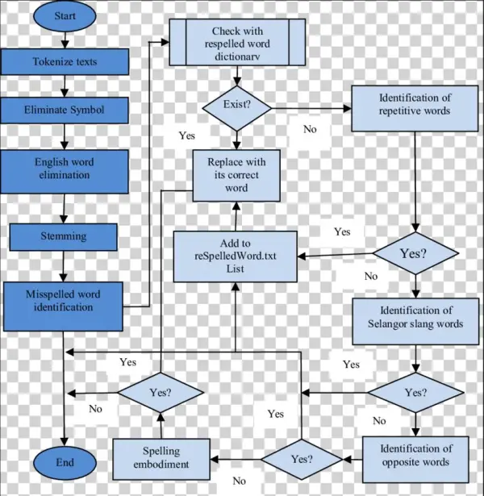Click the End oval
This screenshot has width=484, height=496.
point(65,463)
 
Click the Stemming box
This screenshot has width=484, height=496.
point(65,237)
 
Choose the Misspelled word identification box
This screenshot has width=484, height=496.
point(65,300)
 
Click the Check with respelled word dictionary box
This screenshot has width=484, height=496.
point(237,42)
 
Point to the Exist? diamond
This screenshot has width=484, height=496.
point(236,106)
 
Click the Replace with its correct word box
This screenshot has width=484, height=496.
point(236,174)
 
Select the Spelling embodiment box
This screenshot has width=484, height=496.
point(161,457)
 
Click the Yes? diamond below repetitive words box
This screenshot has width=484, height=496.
point(413,253)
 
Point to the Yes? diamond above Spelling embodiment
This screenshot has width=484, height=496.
point(160,394)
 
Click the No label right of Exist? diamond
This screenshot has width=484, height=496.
point(310,129)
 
